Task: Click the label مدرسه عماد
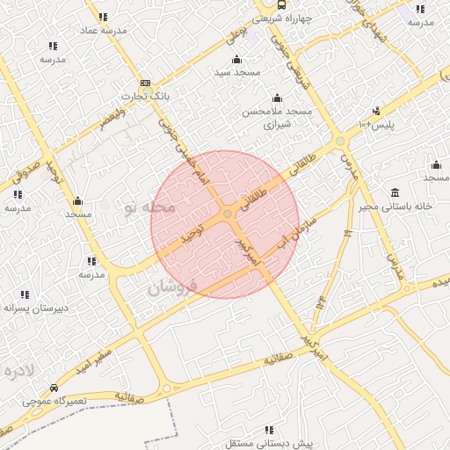104,30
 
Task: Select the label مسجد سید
236,72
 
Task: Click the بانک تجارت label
143,95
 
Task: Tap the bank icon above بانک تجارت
144,83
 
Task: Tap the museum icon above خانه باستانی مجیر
395,192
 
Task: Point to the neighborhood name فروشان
168,287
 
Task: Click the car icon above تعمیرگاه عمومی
54,388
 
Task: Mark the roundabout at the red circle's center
227,214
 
